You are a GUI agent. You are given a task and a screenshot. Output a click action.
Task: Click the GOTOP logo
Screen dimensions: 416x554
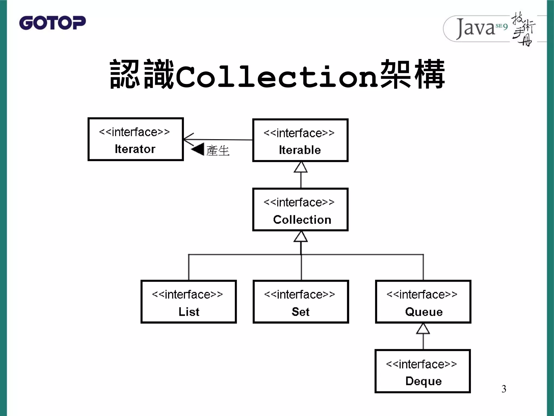[x=52, y=23]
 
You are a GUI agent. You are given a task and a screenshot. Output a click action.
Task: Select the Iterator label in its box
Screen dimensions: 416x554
[x=135, y=149]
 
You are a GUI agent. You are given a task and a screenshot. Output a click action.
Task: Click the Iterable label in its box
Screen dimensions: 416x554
[x=300, y=150]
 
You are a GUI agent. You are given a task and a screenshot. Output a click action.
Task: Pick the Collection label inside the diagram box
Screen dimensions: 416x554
[x=302, y=220]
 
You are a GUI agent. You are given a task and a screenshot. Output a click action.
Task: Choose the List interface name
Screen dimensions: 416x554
[x=189, y=312]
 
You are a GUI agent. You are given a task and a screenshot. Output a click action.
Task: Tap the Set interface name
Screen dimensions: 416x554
[x=301, y=312]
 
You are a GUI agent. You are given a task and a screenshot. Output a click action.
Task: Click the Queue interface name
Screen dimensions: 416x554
[x=424, y=312]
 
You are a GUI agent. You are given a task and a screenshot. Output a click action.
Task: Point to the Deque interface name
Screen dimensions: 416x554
[x=423, y=381]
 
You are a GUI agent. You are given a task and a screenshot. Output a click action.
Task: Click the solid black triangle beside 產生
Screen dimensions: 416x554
[x=198, y=149]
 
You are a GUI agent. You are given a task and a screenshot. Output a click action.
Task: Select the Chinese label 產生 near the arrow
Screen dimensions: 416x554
[x=218, y=151]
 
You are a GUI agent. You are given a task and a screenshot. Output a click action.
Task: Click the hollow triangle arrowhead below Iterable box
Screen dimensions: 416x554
[x=301, y=167]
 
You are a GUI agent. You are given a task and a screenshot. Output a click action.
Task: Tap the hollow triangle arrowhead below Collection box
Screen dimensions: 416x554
[x=301, y=237]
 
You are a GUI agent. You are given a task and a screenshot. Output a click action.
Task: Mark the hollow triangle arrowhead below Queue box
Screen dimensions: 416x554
[x=423, y=329]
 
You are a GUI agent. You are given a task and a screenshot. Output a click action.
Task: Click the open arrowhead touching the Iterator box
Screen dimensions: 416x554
[x=188, y=139]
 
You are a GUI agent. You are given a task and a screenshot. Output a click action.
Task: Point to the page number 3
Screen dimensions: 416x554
[x=504, y=389]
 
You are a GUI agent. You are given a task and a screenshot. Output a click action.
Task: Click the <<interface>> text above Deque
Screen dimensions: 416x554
[x=421, y=364]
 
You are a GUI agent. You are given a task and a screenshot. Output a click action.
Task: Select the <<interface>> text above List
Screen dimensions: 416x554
[x=187, y=295]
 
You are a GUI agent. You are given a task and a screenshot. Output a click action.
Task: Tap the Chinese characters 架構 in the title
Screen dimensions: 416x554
[x=412, y=75]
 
